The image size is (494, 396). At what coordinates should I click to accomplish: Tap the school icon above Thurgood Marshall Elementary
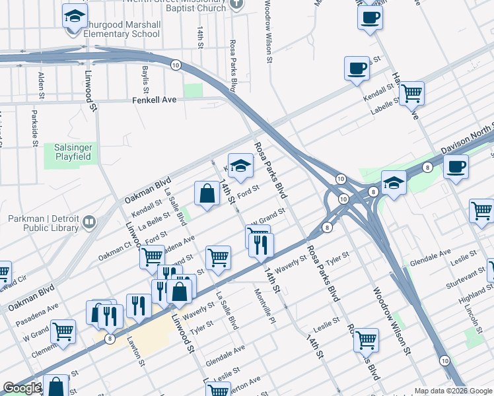coord(75,15)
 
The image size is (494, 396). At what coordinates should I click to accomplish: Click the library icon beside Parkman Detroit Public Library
coord(90,222)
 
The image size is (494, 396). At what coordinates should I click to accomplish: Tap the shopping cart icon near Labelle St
coord(412,93)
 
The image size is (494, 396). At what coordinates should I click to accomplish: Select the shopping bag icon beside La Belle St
coord(207,193)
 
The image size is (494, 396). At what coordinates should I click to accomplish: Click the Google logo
coord(22,388)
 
